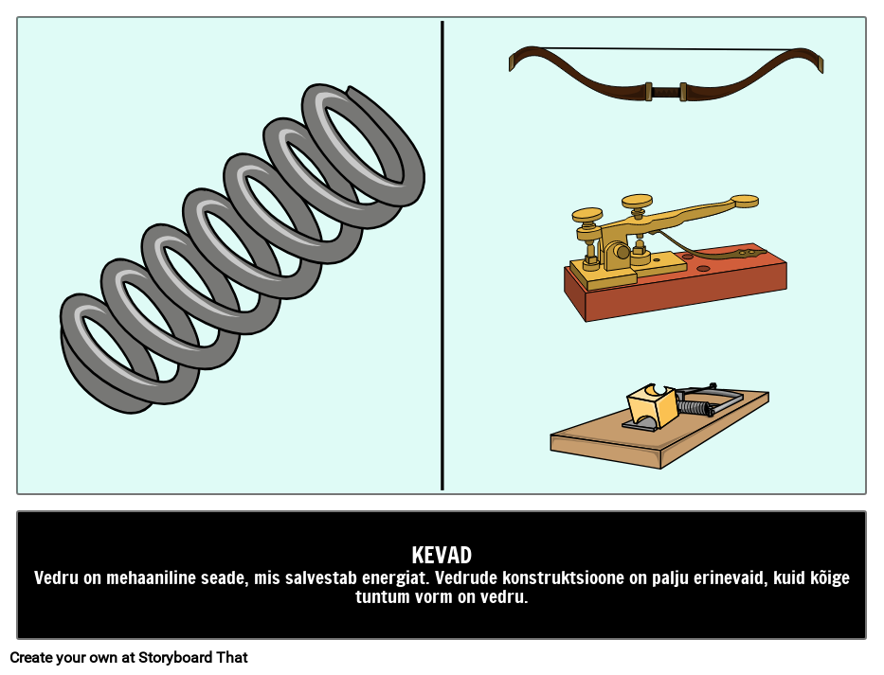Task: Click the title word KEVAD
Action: [x=442, y=556]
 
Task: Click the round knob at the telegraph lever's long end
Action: [x=745, y=201]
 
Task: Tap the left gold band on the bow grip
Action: [x=648, y=92]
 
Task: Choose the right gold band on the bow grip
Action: [x=683, y=92]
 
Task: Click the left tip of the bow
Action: [x=513, y=62]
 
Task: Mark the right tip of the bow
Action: [x=820, y=63]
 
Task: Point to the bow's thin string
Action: [x=663, y=49]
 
